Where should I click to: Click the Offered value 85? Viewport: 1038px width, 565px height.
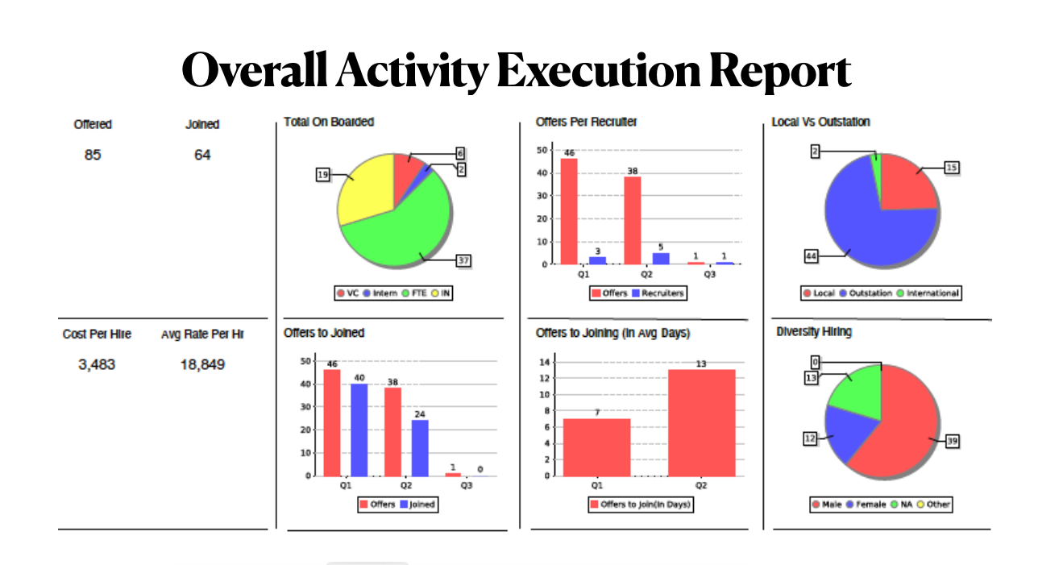(x=93, y=155)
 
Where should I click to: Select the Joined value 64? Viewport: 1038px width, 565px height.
(x=202, y=155)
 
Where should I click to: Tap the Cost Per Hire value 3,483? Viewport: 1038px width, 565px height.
(x=97, y=364)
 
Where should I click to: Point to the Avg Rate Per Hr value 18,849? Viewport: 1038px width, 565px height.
(x=202, y=364)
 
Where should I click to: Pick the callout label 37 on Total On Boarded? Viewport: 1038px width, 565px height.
(x=463, y=260)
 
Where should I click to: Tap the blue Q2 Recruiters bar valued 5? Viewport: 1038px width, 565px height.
(x=661, y=259)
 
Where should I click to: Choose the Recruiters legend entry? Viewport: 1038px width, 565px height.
(x=659, y=293)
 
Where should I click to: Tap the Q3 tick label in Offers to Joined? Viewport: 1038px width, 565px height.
(x=467, y=486)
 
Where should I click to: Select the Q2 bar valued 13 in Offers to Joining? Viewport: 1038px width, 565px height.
(x=701, y=422)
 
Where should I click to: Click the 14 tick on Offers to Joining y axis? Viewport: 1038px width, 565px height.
(x=545, y=362)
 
